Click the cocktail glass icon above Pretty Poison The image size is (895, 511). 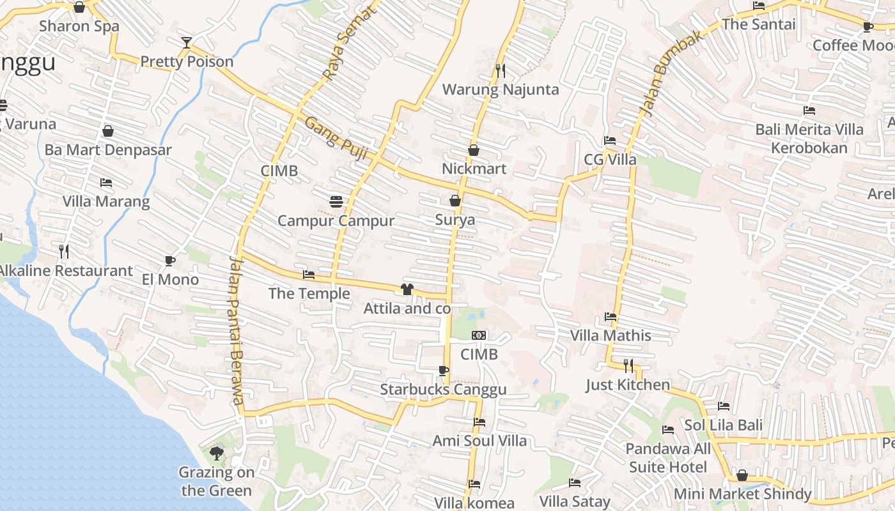pyautogui.click(x=186, y=43)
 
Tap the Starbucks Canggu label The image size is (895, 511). pyautogui.click(x=443, y=390)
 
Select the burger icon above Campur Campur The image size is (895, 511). pyautogui.click(x=336, y=202)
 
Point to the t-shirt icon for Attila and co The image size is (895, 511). pyautogui.click(x=407, y=289)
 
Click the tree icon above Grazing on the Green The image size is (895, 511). pyautogui.click(x=217, y=454)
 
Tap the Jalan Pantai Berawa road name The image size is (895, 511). pyautogui.click(x=236, y=330)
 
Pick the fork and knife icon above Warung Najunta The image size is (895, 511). pyautogui.click(x=501, y=70)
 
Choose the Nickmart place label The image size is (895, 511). pyautogui.click(x=474, y=169)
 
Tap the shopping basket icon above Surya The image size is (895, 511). pyautogui.click(x=455, y=201)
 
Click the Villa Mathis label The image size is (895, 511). pyautogui.click(x=610, y=335)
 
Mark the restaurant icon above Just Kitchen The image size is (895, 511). pyautogui.click(x=628, y=365)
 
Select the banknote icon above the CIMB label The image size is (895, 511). pyautogui.click(x=479, y=335)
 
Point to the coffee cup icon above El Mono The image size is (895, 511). pyautogui.click(x=170, y=261)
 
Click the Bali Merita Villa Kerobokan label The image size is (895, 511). pyautogui.click(x=809, y=139)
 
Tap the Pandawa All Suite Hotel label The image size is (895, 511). pyautogui.click(x=668, y=458)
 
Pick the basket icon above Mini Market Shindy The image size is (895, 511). pyautogui.click(x=742, y=475)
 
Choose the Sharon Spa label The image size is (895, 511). pyautogui.click(x=79, y=26)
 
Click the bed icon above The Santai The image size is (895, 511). pyautogui.click(x=759, y=6)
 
